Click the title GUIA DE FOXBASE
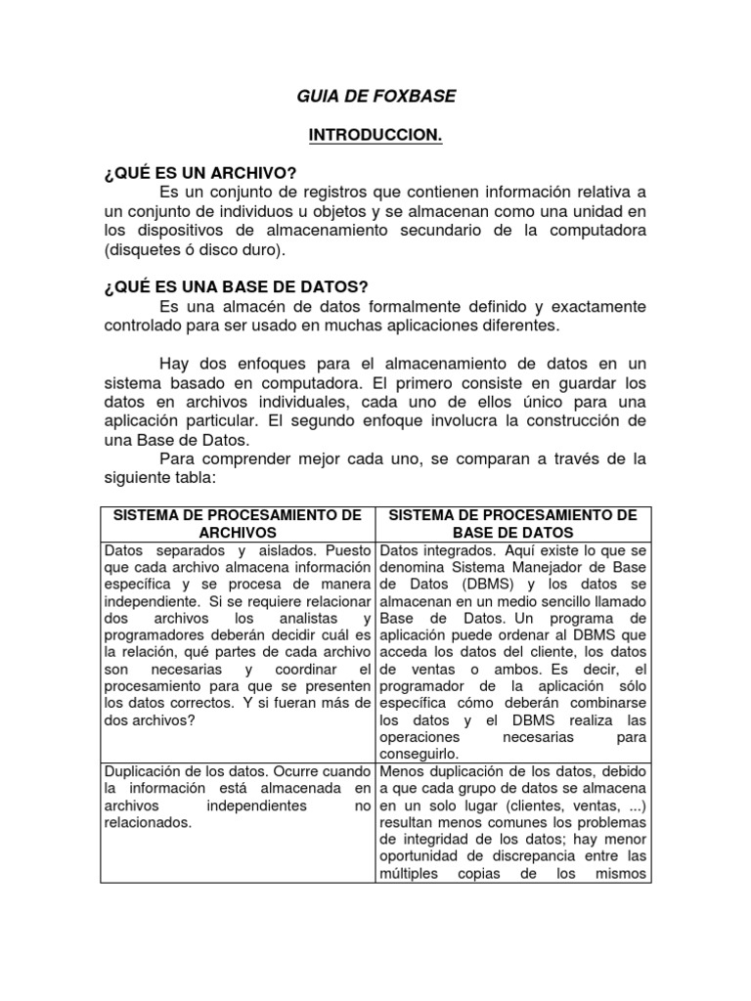[375, 96]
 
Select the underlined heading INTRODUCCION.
[375, 135]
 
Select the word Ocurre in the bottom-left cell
[291, 769]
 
